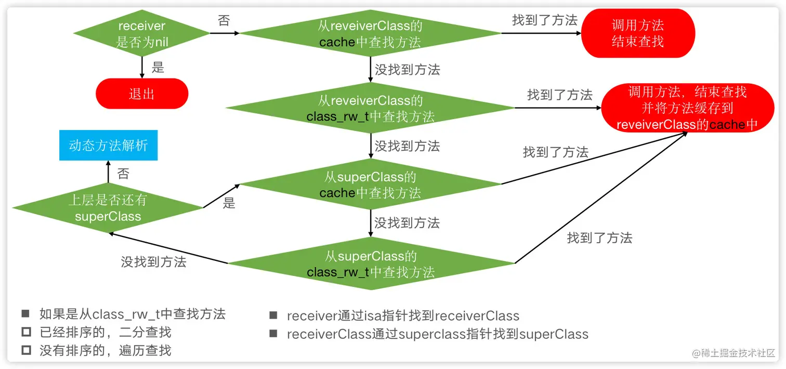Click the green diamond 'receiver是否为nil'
click(141, 34)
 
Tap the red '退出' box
click(141, 94)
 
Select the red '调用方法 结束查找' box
click(637, 34)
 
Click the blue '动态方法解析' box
click(108, 145)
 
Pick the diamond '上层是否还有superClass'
click(108, 208)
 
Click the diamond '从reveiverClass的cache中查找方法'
click(370, 34)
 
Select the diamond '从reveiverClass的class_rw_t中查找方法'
click(370, 108)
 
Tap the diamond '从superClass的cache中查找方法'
click(370, 184)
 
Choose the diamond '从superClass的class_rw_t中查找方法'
click(370, 264)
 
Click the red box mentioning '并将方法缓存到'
click(687, 108)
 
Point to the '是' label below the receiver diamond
click(158, 68)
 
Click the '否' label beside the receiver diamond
click(224, 21)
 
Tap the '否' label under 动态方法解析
click(123, 174)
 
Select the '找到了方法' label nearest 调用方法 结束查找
click(544, 20)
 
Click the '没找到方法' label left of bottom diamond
click(153, 262)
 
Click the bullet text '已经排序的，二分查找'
click(105, 332)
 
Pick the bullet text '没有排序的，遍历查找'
click(105, 350)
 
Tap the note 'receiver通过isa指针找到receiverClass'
click(403, 315)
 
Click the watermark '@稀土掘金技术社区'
click(733, 353)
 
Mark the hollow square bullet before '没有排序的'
click(25, 350)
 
